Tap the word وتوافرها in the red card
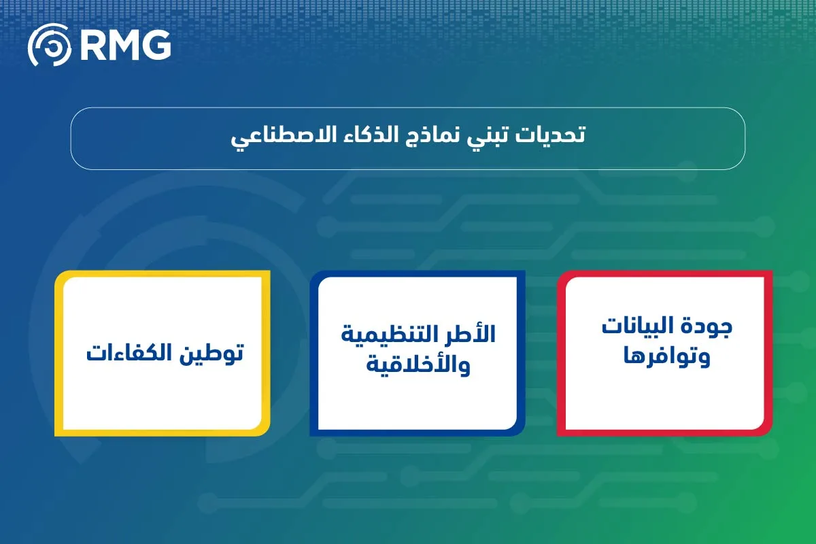coord(667,357)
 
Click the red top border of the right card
coord(665,274)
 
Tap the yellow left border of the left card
coord(58,354)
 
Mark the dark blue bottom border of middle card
coord(416,432)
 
